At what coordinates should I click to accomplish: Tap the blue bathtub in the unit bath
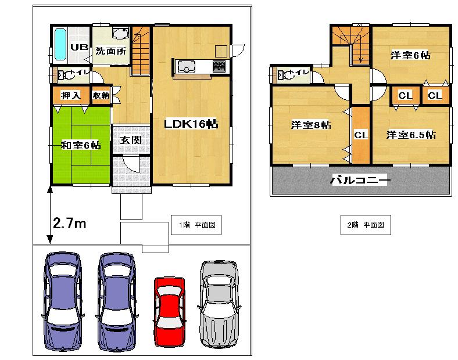[60, 45]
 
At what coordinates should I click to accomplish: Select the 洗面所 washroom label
[110, 51]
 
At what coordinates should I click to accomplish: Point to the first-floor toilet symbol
[61, 74]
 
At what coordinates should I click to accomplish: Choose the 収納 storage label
[101, 95]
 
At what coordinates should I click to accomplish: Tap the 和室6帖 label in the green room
[81, 145]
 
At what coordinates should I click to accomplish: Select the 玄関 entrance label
[128, 140]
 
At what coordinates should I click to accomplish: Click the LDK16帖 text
[190, 124]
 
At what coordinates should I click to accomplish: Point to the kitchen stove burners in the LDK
[220, 66]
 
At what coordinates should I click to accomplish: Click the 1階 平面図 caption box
[196, 225]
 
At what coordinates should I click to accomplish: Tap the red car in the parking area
[169, 312]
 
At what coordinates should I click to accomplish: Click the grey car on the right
[219, 304]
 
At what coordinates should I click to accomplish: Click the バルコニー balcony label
[360, 181]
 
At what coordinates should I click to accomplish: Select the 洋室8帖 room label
[310, 125]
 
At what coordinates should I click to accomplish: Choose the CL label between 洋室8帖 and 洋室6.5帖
[361, 135]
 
